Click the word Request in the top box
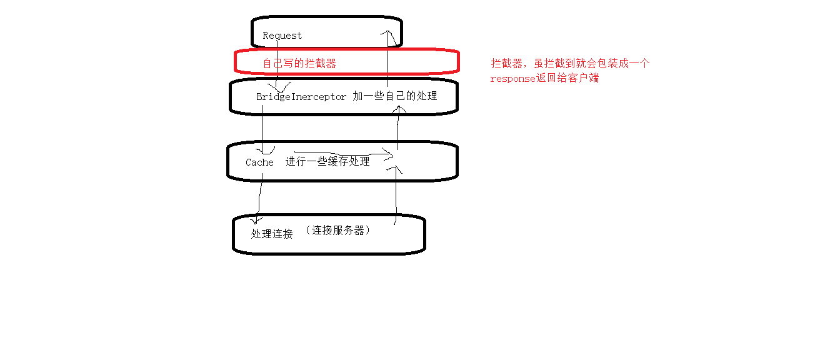point(282,36)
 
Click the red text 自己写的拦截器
point(299,63)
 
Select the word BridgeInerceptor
point(301,97)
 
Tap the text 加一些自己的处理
point(394,96)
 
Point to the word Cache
point(259,162)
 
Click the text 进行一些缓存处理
point(327,161)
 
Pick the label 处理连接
point(272,234)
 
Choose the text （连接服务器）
point(338,230)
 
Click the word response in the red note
point(512,79)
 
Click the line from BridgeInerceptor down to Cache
point(262,128)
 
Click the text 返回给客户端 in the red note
point(568,79)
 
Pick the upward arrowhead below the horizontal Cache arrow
point(394,169)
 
